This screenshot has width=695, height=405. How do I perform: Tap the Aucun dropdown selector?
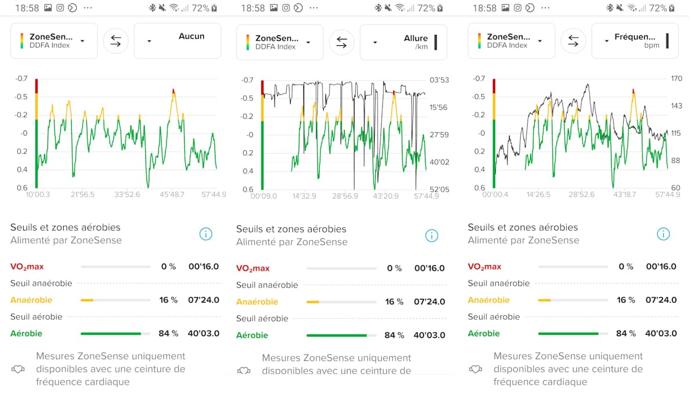[x=177, y=41]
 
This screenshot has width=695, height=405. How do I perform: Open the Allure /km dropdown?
[x=403, y=42]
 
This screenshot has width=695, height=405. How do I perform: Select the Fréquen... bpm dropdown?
[x=635, y=41]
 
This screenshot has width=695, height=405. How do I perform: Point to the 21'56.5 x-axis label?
[x=82, y=194]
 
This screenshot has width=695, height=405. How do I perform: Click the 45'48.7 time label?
[x=172, y=194]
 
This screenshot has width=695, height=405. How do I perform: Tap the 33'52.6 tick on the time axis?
[x=127, y=194]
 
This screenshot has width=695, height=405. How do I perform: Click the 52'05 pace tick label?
[x=438, y=189]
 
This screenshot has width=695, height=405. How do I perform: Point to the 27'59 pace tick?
[x=438, y=135]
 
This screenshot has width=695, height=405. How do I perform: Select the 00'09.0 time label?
[x=264, y=196]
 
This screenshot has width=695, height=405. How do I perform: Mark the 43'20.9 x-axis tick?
[x=386, y=196]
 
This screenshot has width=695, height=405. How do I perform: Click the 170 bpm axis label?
[x=676, y=79]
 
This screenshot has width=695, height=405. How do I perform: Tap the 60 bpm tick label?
[x=676, y=188]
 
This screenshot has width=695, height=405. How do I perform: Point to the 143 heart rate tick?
[x=676, y=106]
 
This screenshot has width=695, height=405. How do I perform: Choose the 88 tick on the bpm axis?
[x=676, y=160]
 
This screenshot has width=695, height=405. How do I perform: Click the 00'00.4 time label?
[x=496, y=195]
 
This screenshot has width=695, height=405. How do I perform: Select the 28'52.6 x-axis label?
[x=581, y=195]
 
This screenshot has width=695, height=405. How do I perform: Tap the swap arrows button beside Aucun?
[x=116, y=41]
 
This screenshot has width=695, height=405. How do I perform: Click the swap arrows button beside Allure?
[x=342, y=42]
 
